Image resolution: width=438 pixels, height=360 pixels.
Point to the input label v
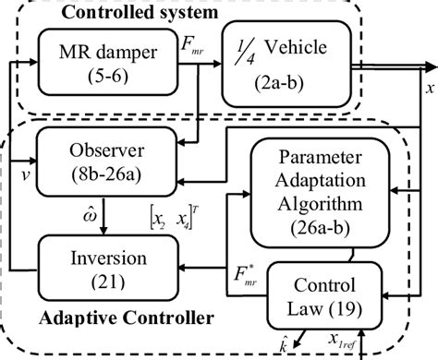pos(14,170)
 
